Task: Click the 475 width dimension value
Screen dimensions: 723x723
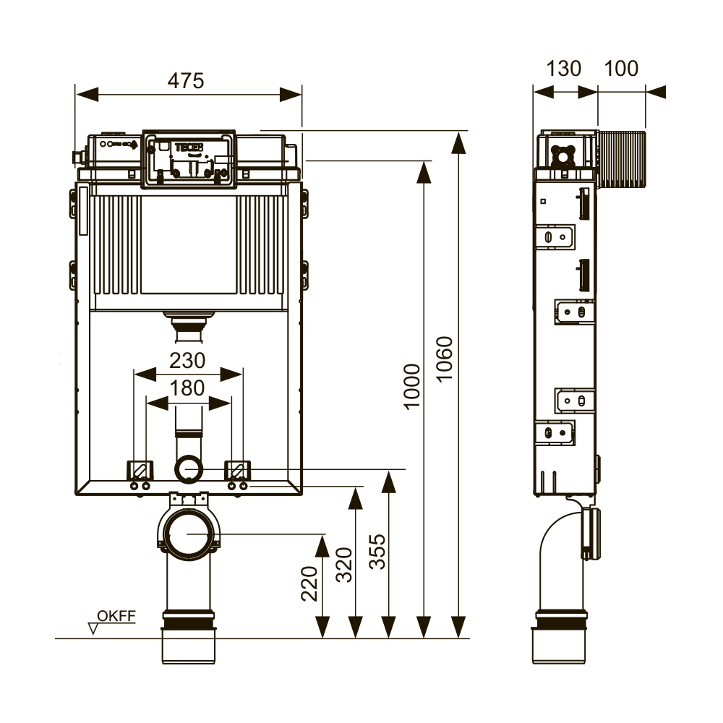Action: [x=187, y=80]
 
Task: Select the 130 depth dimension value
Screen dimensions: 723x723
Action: [x=563, y=69]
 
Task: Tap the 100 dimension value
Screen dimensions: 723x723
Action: [x=621, y=69]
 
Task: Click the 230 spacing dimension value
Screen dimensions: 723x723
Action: [x=187, y=360]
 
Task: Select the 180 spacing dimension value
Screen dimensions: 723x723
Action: [x=187, y=388]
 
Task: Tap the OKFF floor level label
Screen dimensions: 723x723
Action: [x=116, y=616]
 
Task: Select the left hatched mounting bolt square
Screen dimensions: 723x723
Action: [x=140, y=470]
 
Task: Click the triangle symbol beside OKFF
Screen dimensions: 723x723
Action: [x=93, y=628]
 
